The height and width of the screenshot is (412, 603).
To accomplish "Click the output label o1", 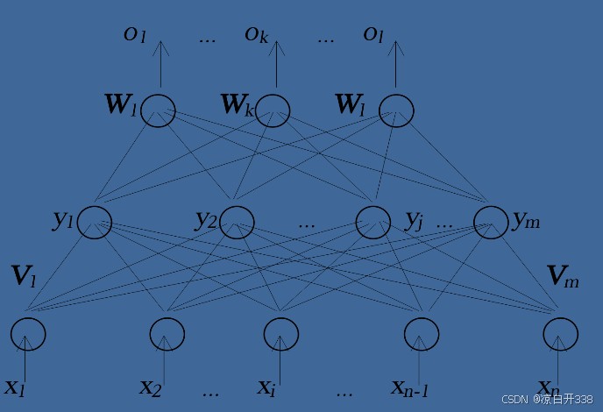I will click(134, 34).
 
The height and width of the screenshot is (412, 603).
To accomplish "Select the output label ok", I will click(256, 34).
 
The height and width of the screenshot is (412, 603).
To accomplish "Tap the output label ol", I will click(373, 34).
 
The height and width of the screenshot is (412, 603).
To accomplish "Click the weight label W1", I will click(121, 105).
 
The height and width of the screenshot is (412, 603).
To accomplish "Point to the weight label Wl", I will click(351, 105).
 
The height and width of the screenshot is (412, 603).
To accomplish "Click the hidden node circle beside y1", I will click(95, 222).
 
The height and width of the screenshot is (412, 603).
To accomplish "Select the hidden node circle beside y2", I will click(237, 222).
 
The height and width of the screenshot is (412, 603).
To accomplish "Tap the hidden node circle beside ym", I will click(491, 222).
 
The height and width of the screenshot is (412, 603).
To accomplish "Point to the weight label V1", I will click(24, 276).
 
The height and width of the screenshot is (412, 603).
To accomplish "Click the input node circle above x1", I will click(28, 334).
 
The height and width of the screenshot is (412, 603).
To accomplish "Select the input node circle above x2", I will click(167, 334).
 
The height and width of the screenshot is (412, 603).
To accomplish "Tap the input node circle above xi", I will click(281, 334).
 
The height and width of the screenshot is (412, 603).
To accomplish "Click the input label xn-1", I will click(409, 387).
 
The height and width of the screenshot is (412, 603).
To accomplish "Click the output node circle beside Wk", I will click(273, 110).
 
